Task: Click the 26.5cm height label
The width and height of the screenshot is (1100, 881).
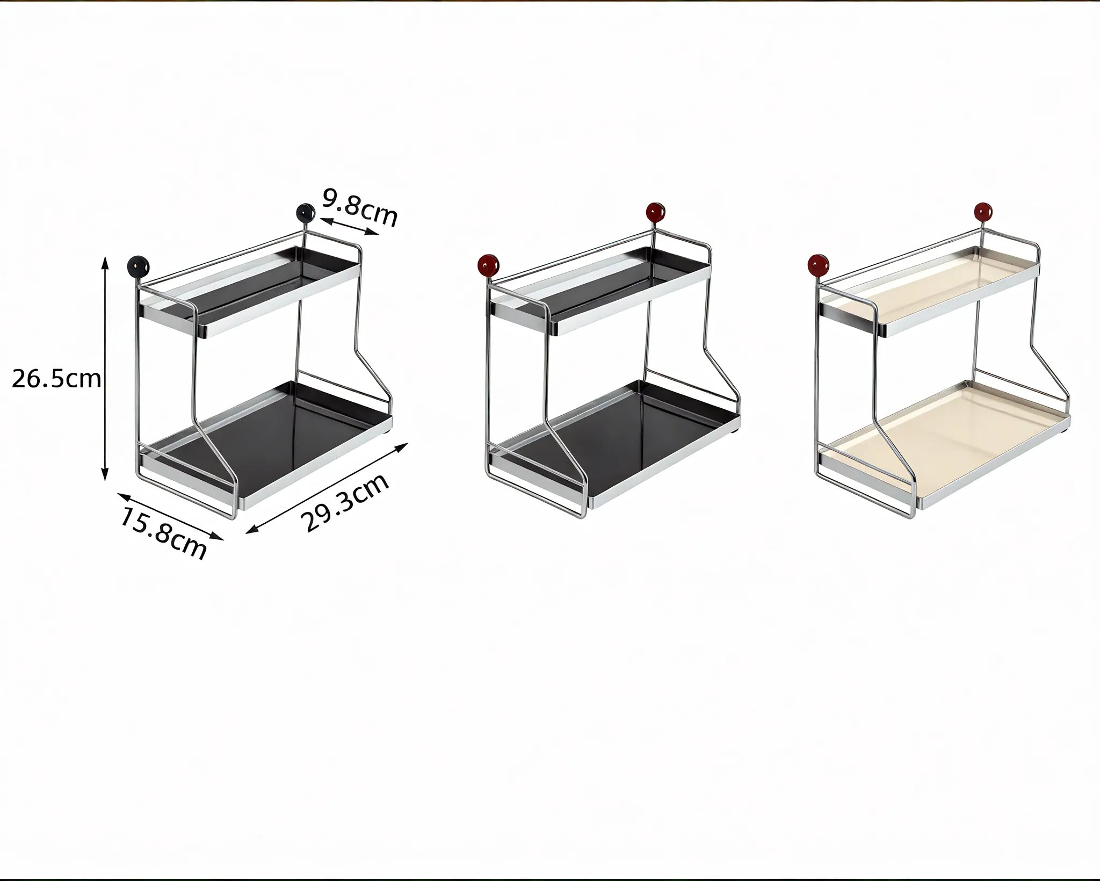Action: (56, 379)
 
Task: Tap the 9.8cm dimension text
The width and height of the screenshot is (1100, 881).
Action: (360, 207)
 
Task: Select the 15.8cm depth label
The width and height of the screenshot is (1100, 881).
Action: (163, 533)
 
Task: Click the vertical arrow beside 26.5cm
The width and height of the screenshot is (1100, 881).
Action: (106, 369)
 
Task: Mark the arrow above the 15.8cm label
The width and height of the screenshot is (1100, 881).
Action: (170, 515)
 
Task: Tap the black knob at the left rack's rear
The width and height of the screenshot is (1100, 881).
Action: (306, 213)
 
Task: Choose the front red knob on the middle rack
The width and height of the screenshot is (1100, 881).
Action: (489, 264)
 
